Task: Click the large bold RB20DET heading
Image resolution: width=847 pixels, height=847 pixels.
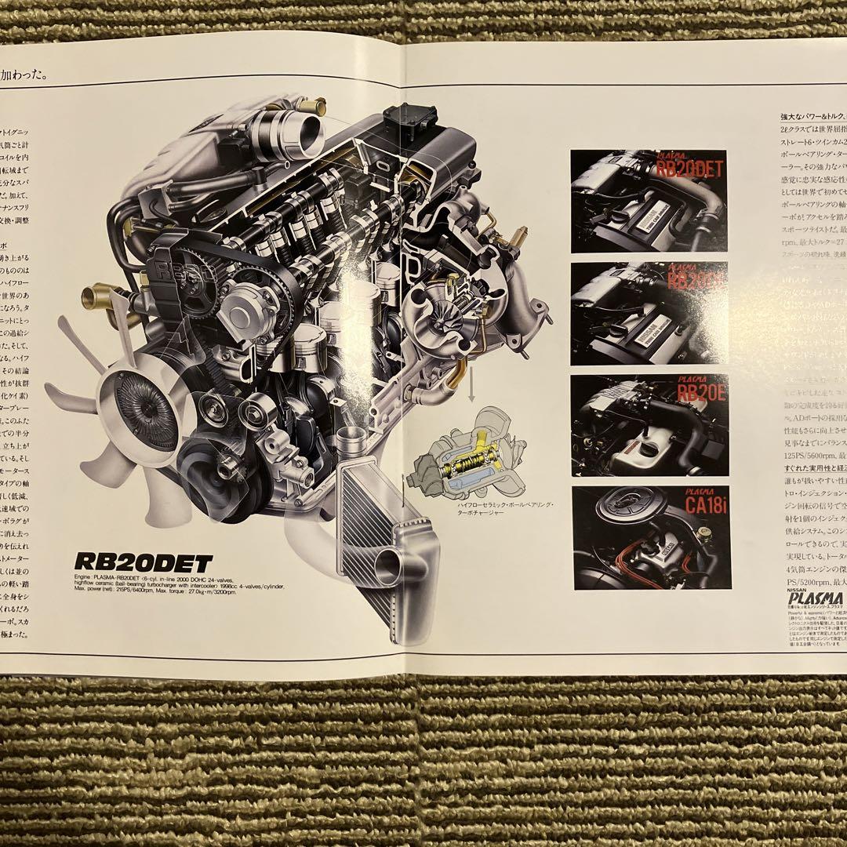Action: point(144,562)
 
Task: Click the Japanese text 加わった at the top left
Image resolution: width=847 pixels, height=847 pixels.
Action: point(24,76)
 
